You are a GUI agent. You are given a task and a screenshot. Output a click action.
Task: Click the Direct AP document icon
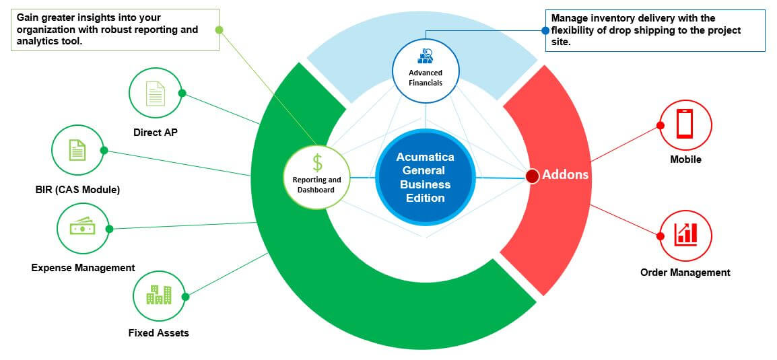pos(156,94)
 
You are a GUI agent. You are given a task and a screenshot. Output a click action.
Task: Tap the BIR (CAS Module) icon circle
pos(77,149)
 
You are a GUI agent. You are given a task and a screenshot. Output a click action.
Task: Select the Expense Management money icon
pos(82,229)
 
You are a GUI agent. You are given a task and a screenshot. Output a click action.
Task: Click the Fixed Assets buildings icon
pos(159,295)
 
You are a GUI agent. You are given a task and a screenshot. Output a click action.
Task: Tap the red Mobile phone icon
pos(685,124)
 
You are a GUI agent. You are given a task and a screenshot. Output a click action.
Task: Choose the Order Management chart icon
pos(685,234)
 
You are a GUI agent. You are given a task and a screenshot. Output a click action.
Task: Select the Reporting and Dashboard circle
pos(316,174)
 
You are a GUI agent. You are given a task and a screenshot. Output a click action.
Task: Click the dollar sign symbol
pos(317,162)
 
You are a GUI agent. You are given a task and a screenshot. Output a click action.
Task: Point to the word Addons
pos(566,175)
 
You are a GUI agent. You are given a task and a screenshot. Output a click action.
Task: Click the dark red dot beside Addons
pos(532,176)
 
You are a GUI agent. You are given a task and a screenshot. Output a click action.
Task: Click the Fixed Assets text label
pos(158,333)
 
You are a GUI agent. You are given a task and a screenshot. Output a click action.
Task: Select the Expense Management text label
pos(83,268)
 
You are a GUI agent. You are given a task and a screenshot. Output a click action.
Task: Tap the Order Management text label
pos(685,273)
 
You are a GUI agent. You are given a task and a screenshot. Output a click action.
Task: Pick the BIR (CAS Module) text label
pos(78,190)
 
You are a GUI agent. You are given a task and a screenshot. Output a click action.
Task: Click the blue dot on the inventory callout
pos(545,30)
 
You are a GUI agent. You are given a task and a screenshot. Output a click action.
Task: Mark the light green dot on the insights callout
pos(218,30)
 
